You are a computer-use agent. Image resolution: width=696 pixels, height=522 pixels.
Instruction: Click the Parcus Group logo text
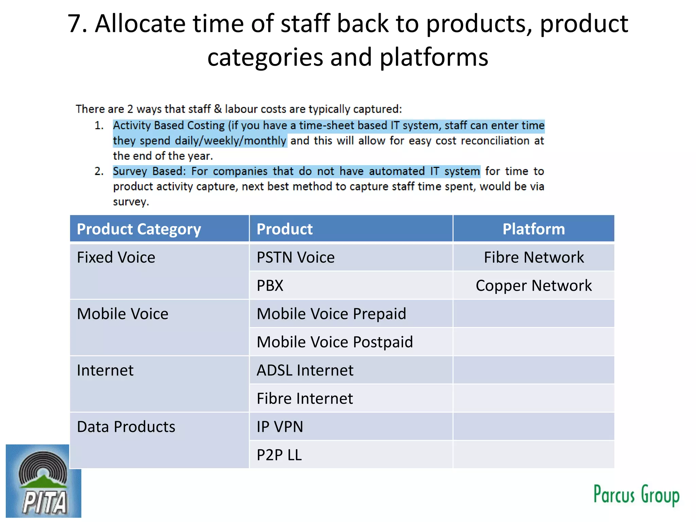[636, 495]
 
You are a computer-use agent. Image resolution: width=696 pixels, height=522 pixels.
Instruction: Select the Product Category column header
[139, 229]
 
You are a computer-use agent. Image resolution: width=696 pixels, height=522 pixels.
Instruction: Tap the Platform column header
[534, 229]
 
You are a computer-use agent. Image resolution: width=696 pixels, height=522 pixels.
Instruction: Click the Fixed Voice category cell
[116, 257]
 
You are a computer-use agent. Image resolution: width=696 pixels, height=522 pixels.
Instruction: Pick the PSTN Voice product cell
[296, 257]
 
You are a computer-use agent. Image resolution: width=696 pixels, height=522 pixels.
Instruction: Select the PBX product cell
[270, 285]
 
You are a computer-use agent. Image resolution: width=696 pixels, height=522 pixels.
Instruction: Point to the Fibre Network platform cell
[534, 257]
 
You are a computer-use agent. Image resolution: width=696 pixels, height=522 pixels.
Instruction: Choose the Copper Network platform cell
[534, 285]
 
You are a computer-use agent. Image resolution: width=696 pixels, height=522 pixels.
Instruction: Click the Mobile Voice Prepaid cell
[331, 314]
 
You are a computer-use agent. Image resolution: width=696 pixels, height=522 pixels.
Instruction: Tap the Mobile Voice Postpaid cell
[335, 342]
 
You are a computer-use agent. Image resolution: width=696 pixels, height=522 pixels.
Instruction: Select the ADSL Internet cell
[305, 370]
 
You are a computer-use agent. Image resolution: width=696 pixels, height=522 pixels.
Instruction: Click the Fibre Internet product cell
[305, 398]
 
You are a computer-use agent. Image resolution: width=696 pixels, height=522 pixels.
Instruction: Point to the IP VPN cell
[280, 427]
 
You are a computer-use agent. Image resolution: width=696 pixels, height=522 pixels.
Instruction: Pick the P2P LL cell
[279, 455]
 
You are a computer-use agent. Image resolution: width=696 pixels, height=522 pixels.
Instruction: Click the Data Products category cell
[126, 427]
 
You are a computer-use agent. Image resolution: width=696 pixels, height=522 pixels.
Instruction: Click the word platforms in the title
[434, 57]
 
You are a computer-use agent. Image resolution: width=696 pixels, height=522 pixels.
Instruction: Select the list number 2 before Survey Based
[99, 171]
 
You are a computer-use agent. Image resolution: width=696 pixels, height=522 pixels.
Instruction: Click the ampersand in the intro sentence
[218, 109]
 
